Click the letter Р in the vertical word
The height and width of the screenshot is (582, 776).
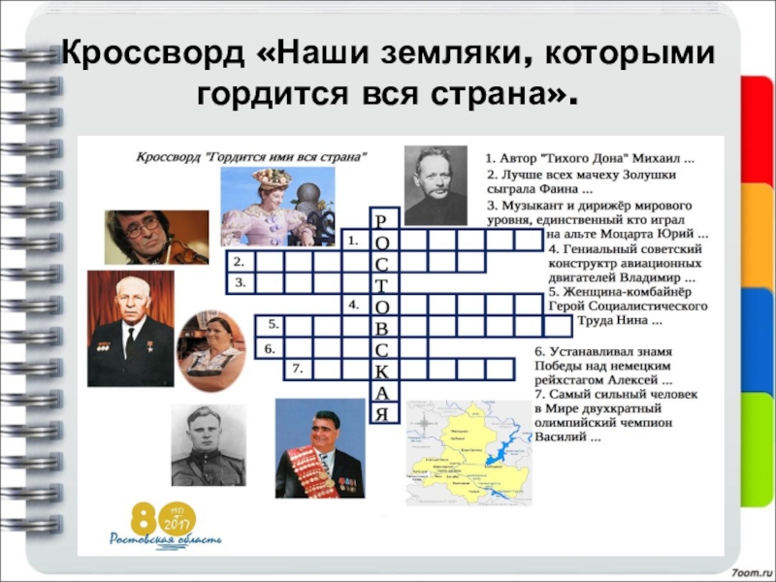[x=383, y=218]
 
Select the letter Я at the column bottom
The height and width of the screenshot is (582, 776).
[x=383, y=414]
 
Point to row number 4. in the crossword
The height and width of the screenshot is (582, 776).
[x=355, y=304]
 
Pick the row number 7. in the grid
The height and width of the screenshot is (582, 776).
[x=298, y=370]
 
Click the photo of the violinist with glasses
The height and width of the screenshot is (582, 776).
[x=156, y=237]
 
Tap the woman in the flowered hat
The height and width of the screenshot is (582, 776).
[x=275, y=199]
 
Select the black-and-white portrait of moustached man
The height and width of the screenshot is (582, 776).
[x=436, y=184]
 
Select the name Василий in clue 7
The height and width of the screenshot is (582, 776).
[x=558, y=436]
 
